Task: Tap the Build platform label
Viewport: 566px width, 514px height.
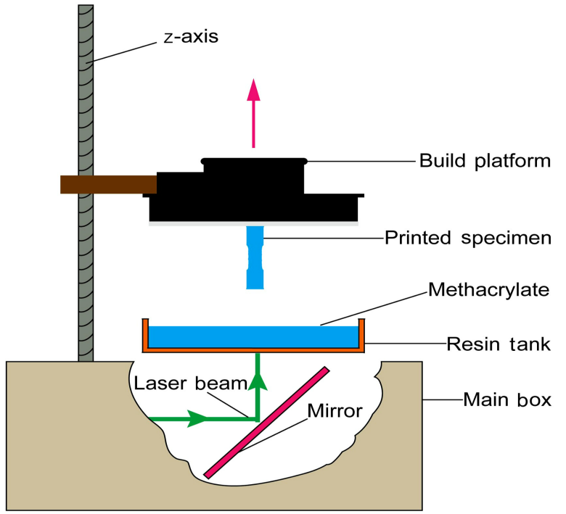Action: pos(485,160)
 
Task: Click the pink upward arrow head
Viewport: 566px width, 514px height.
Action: pos(253,91)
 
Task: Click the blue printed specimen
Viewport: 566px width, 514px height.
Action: pos(255,257)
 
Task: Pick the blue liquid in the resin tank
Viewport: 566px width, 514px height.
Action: pos(254,336)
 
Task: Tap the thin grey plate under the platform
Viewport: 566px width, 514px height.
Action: pos(254,223)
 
